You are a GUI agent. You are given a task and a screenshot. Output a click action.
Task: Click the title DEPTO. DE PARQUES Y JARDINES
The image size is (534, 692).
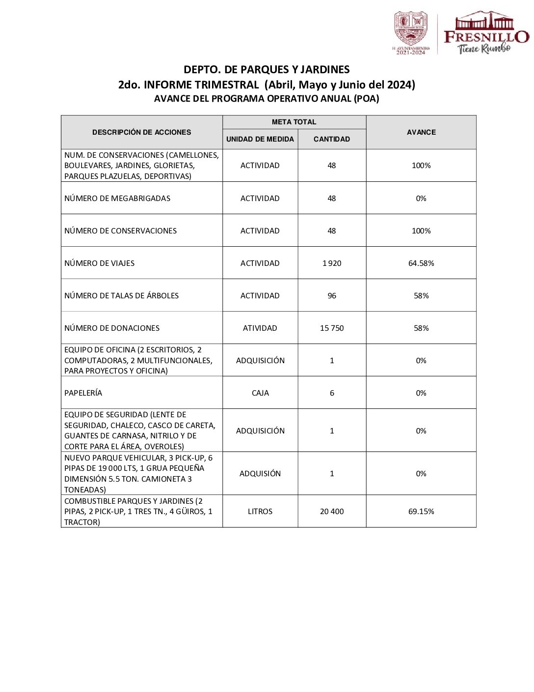tap(267, 70)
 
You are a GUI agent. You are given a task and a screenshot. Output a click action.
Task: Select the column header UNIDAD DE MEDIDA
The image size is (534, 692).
tap(260, 139)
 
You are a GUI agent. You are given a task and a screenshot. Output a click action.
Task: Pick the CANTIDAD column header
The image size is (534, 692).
tap(332, 139)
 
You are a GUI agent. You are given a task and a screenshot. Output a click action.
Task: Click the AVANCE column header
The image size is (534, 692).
tap(421, 132)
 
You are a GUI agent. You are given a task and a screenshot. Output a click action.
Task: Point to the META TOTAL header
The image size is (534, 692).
tap(294, 122)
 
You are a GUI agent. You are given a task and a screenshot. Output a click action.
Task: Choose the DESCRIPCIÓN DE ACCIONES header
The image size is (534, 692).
tap(141, 132)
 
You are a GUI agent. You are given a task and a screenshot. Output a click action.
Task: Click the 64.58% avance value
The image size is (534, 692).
tap(421, 263)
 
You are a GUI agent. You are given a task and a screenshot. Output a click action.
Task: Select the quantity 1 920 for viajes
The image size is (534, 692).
tap(332, 263)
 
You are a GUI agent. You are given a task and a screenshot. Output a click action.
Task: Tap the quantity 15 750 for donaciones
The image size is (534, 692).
tap(332, 328)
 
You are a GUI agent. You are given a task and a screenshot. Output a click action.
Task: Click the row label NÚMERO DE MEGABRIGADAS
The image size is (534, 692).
tap(117, 199)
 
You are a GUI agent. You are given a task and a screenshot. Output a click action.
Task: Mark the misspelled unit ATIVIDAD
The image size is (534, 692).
tap(260, 328)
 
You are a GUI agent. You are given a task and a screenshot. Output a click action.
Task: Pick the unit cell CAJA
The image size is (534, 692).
tap(260, 393)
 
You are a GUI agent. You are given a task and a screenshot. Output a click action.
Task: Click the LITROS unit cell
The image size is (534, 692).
tap(260, 512)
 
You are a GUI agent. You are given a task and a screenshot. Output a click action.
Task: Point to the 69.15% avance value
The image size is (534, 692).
tap(421, 512)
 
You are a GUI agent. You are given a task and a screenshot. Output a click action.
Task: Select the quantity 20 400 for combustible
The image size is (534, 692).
tap(332, 512)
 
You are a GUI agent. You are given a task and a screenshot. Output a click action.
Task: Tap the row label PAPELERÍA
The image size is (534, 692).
tap(83, 393)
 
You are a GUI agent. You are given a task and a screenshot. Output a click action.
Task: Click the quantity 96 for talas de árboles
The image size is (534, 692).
tap(332, 296)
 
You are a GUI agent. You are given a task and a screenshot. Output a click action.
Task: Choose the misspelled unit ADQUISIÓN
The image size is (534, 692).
tap(260, 474)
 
